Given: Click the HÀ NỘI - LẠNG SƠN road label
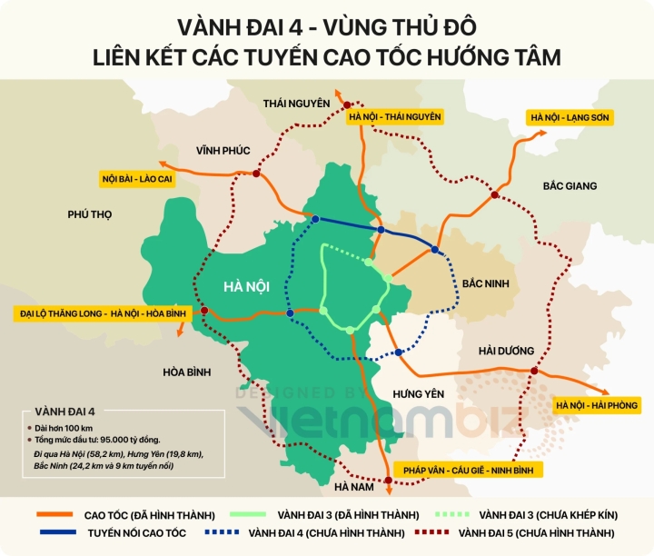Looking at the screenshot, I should pyautogui.click(x=570, y=117).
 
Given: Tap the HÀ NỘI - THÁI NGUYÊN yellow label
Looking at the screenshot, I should pyautogui.click(x=394, y=116).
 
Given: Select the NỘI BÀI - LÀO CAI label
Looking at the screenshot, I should pyautogui.click(x=137, y=179).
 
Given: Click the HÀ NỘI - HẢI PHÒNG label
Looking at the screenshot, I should pyautogui.click(x=596, y=404).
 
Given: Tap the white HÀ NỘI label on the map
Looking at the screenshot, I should pyautogui.click(x=246, y=286).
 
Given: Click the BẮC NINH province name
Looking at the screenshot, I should pyautogui.click(x=485, y=283).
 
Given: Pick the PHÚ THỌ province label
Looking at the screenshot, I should pyautogui.click(x=89, y=214).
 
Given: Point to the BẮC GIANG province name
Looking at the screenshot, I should pyautogui.click(x=570, y=185).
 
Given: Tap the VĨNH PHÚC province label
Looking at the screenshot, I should pyautogui.click(x=223, y=149).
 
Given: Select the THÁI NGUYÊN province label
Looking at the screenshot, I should pyautogui.click(x=296, y=104).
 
